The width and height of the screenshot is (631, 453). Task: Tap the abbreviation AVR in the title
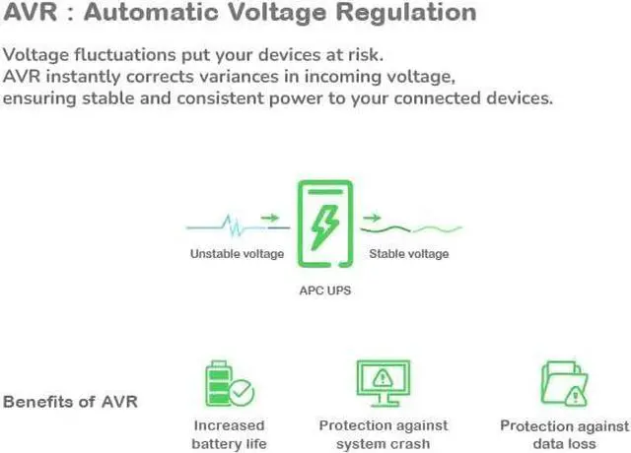[28, 14]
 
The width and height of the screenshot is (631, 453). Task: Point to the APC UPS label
[324, 291]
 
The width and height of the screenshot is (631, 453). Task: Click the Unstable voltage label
[237, 254]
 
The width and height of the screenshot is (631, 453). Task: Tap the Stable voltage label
[408, 254]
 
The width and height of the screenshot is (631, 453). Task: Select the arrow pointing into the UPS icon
[269, 218]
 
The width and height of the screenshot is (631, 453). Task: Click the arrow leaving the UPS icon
[372, 218]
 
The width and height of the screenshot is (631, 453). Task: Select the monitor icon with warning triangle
[384, 383]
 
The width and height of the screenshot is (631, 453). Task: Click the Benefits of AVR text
[70, 402]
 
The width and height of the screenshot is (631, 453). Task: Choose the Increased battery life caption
[230, 434]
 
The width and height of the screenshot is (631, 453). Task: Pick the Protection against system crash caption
[384, 434]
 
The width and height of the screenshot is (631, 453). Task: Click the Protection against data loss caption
[564, 434]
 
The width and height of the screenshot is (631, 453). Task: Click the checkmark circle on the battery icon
[242, 393]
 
